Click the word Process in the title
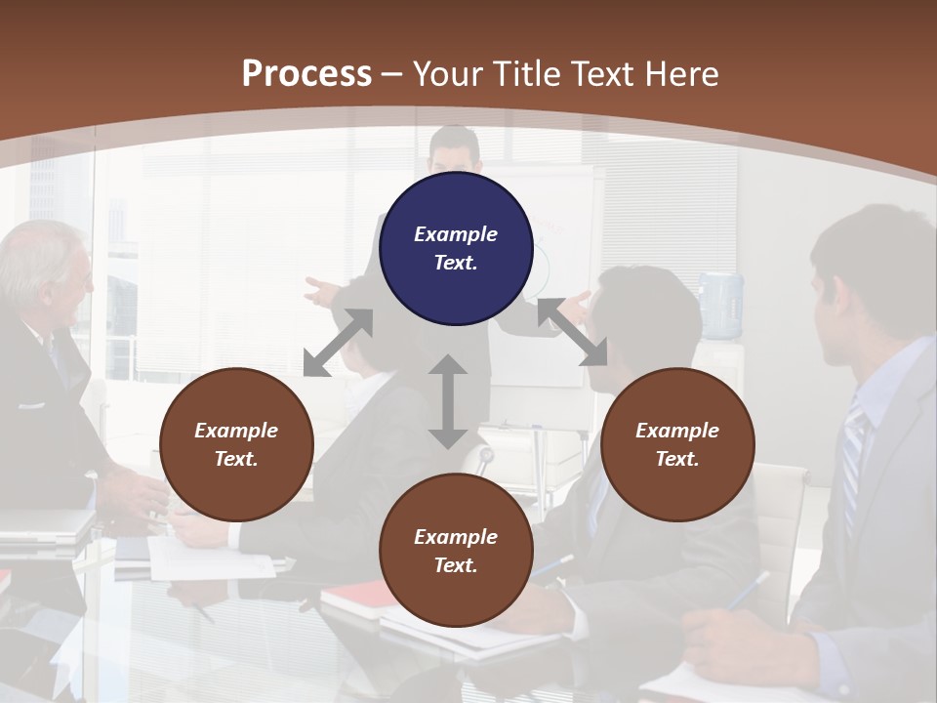click(x=306, y=73)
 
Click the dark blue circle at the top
click(x=456, y=249)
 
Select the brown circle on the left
click(x=236, y=444)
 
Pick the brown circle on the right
click(x=677, y=444)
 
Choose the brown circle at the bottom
click(x=456, y=551)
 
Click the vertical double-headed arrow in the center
click(x=448, y=401)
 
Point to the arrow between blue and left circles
click(x=339, y=342)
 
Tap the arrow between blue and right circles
click(x=573, y=332)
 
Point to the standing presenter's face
click(x=455, y=152)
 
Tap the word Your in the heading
click(x=447, y=73)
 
